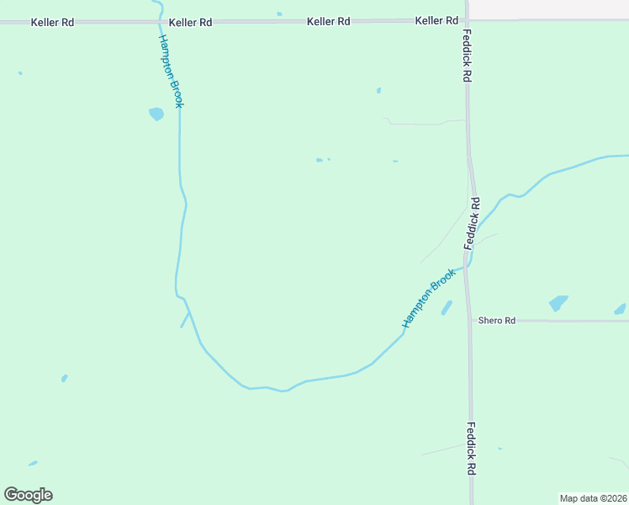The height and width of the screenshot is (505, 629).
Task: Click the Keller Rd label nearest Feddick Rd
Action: tap(436, 20)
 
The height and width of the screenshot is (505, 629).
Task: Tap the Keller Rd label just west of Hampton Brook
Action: tap(52, 22)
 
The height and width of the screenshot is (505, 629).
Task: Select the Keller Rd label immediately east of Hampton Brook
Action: tap(190, 22)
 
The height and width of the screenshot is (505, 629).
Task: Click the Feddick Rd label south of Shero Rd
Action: tap(472, 448)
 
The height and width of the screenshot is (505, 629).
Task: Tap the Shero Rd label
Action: tap(496, 321)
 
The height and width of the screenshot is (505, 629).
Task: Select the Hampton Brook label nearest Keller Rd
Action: tap(170, 72)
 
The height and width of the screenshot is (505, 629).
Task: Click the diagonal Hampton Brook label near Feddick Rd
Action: tap(429, 298)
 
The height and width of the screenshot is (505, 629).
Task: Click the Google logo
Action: tap(29, 495)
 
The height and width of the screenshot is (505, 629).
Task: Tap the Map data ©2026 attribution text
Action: tap(593, 498)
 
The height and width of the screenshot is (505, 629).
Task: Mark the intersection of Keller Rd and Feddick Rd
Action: tap(467, 20)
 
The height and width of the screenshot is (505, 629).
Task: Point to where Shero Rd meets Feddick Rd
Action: tap(470, 321)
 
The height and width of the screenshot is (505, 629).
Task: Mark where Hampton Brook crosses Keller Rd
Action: tap(161, 21)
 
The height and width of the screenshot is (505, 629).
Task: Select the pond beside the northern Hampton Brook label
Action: tap(156, 114)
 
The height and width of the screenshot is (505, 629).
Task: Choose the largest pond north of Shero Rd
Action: tap(558, 303)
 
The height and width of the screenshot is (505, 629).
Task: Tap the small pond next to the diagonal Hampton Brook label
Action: tap(447, 308)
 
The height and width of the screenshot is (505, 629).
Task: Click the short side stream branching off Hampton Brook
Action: tap(184, 320)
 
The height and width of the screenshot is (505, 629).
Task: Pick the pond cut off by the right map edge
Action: tap(621, 310)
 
